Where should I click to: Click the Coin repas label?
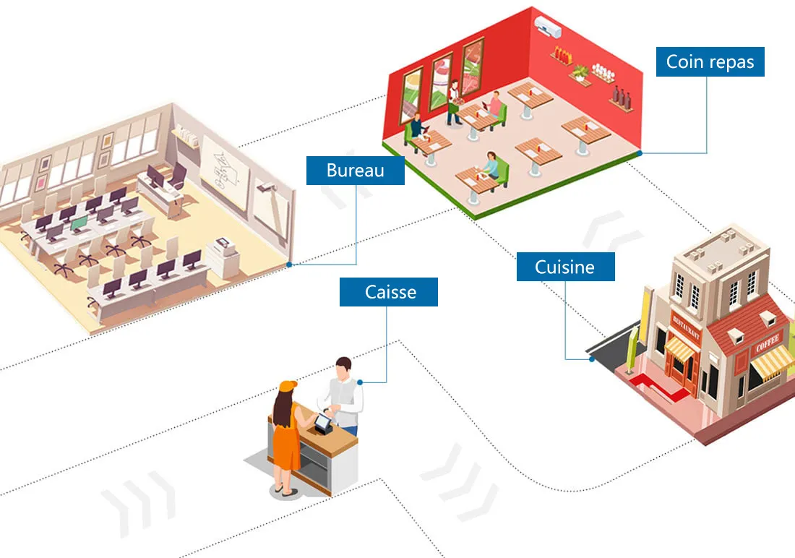pos(710,62)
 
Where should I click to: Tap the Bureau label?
pos(355,171)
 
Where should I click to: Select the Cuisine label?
pos(565,267)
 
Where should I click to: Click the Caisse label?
pos(389,292)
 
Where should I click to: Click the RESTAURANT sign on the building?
pos(687,329)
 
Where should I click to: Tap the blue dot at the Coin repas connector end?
pos(640,153)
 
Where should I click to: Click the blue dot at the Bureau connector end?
pos(289,265)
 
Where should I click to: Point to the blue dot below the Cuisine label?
pos(591,359)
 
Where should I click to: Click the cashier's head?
pos(344,367)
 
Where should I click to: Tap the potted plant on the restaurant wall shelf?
pos(580,72)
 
